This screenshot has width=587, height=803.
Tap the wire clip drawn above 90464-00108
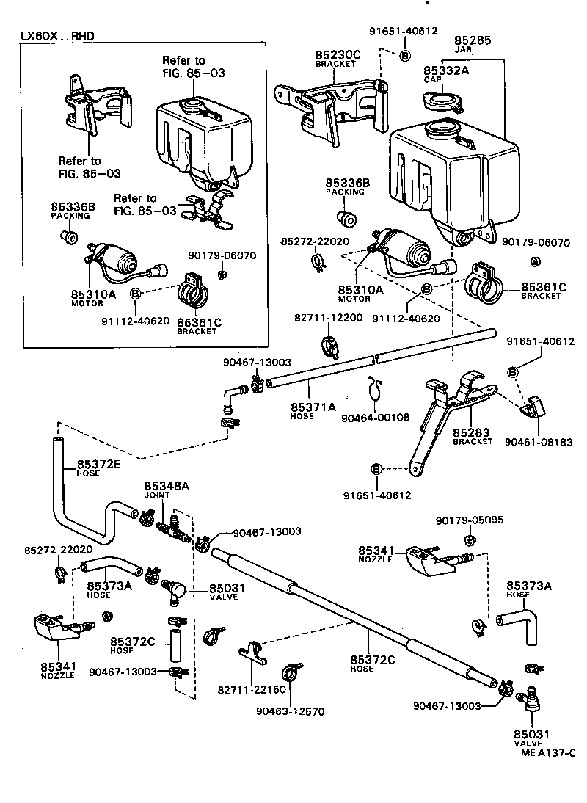374,389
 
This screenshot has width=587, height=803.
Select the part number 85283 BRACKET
473,435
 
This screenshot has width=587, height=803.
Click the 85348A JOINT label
167,489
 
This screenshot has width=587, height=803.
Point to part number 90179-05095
469,520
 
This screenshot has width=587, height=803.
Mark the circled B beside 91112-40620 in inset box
135,294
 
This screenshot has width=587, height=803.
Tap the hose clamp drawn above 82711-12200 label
331,345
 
